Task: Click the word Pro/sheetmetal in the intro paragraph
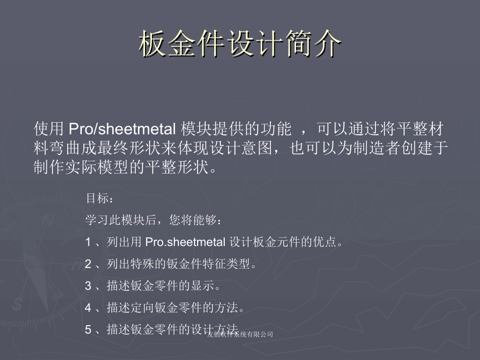[122, 129]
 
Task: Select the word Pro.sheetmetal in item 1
[185, 242]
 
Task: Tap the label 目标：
[97, 198]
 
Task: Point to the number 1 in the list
[88, 242]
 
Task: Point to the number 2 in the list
[88, 264]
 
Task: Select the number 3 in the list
[88, 286]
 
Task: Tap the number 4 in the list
[88, 307]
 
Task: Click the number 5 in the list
[88, 330]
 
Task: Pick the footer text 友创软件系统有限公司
[240, 334]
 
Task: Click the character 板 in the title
[153, 45]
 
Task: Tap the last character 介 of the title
[327, 45]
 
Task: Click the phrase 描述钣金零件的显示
[161, 286]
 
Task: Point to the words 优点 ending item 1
[325, 242]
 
